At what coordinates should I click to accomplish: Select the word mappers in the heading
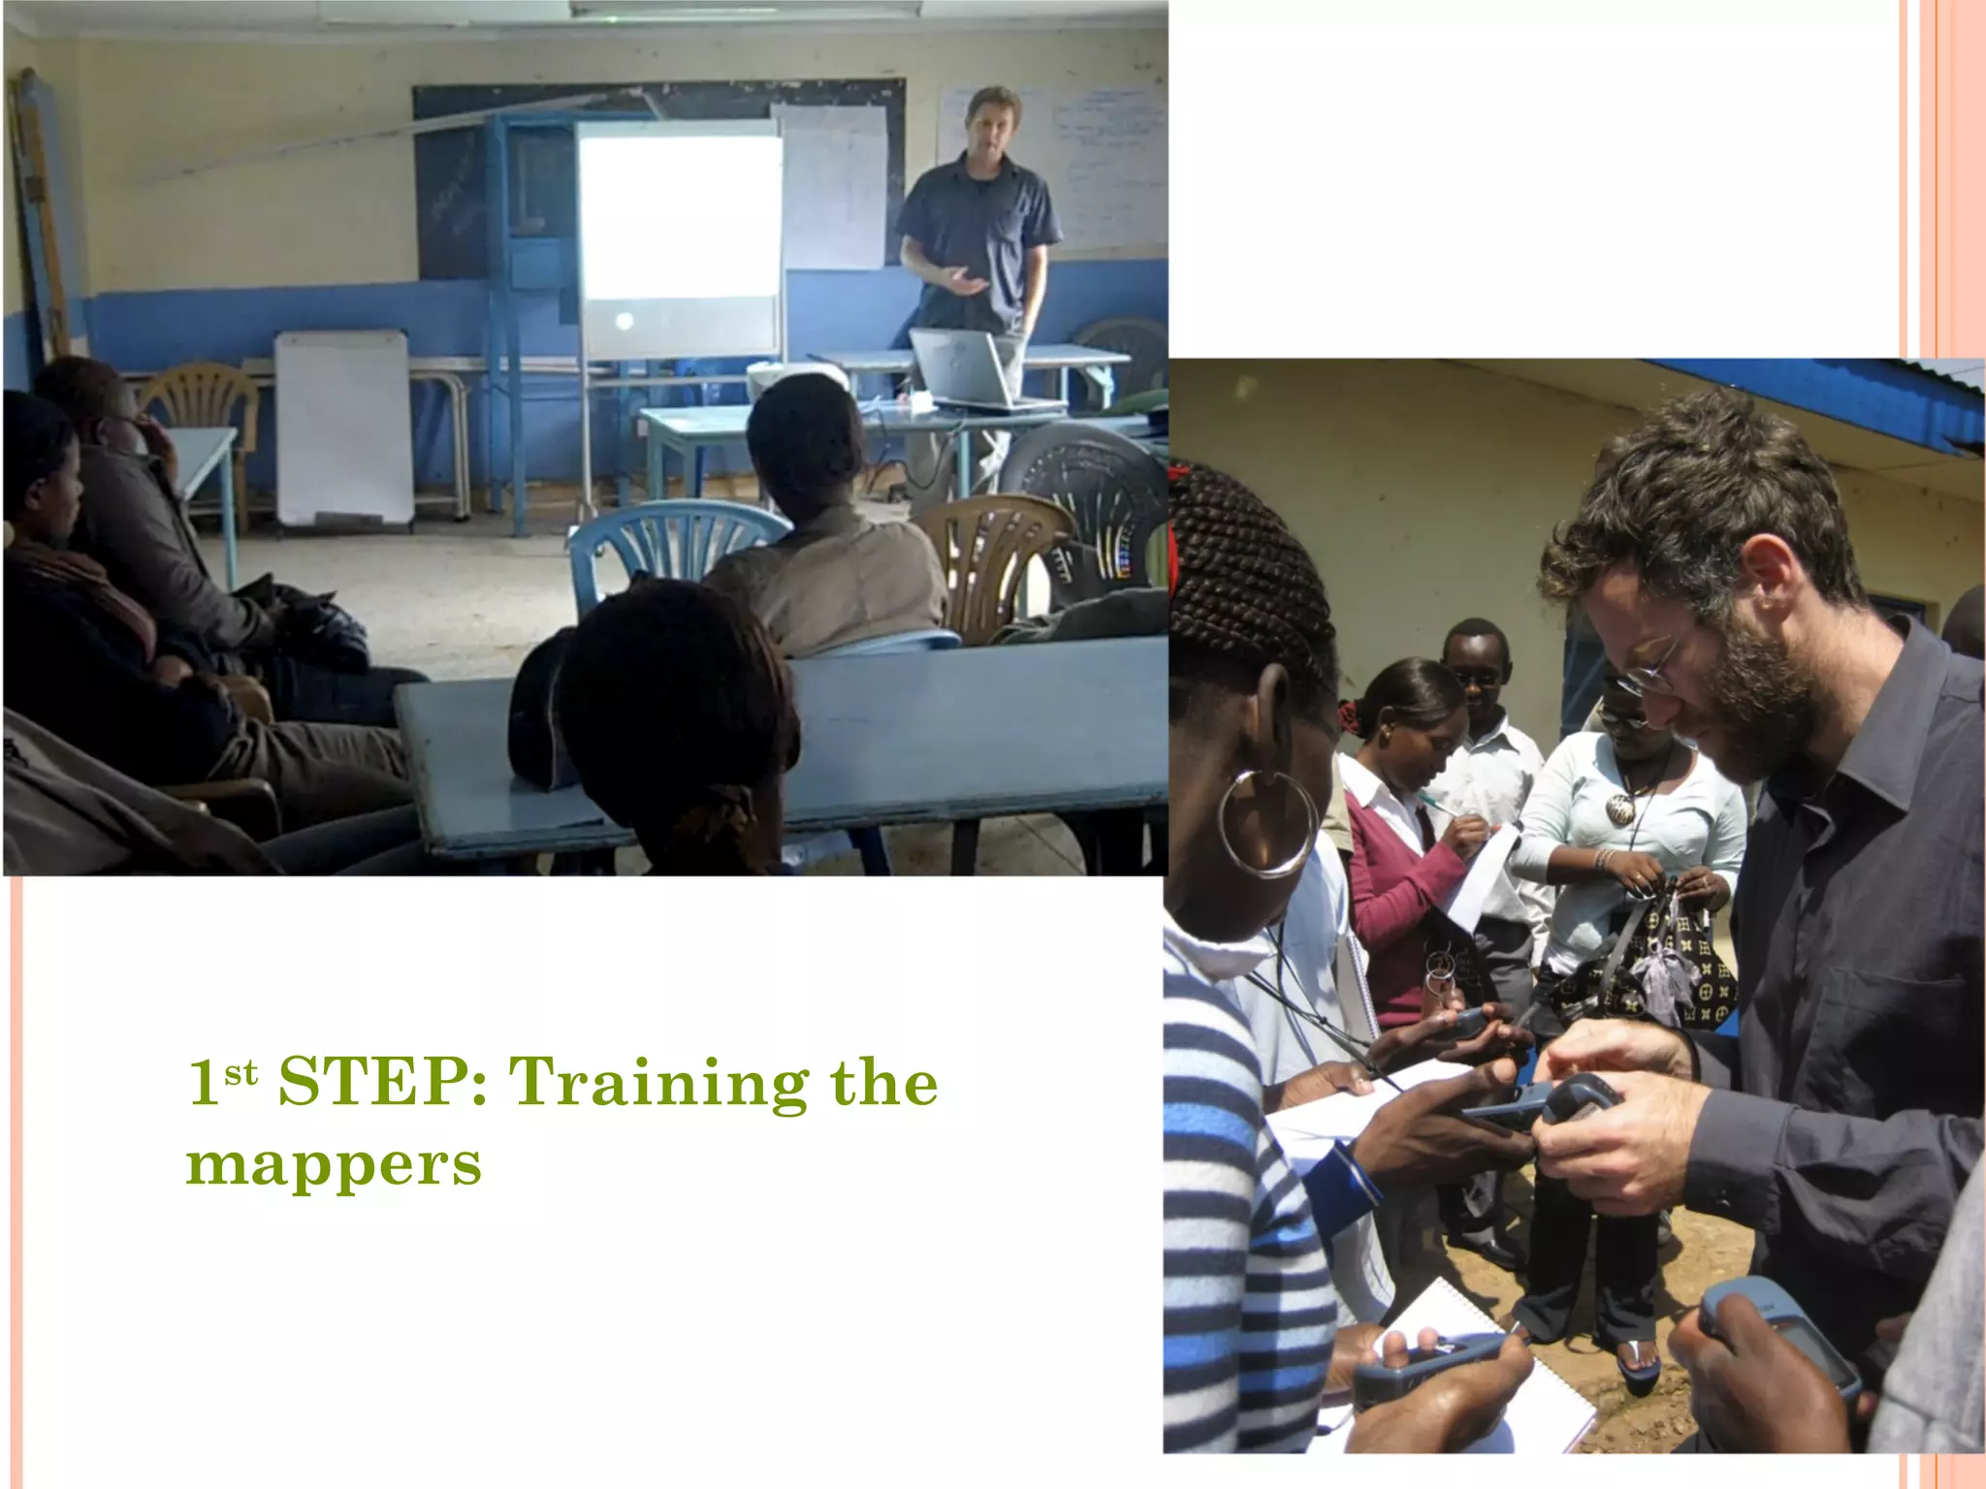(x=334, y=1164)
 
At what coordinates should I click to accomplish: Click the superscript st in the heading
(x=240, y=1073)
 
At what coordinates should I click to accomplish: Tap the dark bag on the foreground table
(x=538, y=717)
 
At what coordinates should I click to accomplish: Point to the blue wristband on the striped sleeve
(x=1358, y=1173)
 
